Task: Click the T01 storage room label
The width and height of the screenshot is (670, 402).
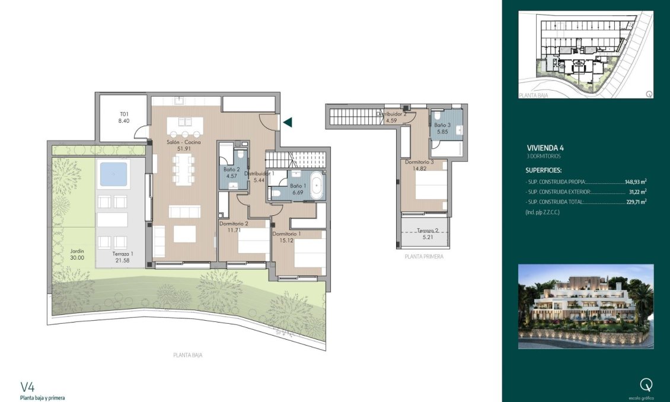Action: tap(125, 117)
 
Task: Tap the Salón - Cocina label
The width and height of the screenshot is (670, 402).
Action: tap(183, 145)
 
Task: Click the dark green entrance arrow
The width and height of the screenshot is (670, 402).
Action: tap(288, 123)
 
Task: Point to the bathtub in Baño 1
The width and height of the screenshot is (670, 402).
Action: tap(315, 186)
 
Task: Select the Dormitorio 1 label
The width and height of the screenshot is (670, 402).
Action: tap(286, 237)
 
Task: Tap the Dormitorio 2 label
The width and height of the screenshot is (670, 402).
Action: tap(233, 227)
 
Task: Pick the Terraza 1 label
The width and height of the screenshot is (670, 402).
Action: tap(123, 257)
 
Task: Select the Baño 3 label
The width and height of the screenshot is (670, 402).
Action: tap(442, 128)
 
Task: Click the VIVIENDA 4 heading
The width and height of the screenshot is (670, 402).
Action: tap(547, 148)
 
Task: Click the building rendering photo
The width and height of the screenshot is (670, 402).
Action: tap(586, 306)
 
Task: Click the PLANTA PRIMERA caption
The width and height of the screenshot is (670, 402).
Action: tap(423, 257)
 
